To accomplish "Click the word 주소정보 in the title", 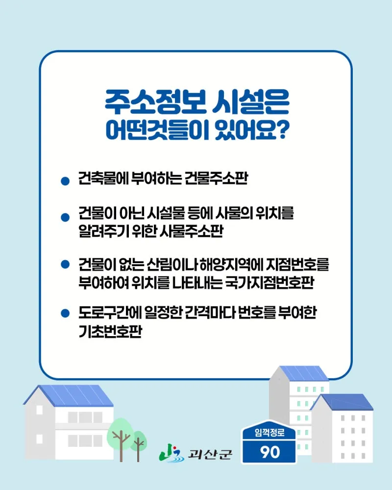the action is pos(155,102).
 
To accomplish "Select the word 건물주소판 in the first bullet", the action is pos(216,178).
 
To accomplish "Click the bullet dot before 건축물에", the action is pos(65,181).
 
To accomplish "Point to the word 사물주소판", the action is pos(191,231).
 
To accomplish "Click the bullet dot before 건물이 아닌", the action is pos(65,217).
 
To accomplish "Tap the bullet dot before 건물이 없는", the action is pos(65,265).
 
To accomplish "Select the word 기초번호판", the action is pos(110,331).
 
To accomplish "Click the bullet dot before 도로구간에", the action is pos(65,313).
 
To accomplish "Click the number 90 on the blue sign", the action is pos(270,452).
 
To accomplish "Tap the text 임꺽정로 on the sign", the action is pos(269,433).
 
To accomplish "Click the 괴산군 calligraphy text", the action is pos(210,454).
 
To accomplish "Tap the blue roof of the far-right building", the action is pos(344,402).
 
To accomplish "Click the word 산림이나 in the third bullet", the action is pos(171,265).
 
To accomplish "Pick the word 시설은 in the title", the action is pos(250,102).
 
